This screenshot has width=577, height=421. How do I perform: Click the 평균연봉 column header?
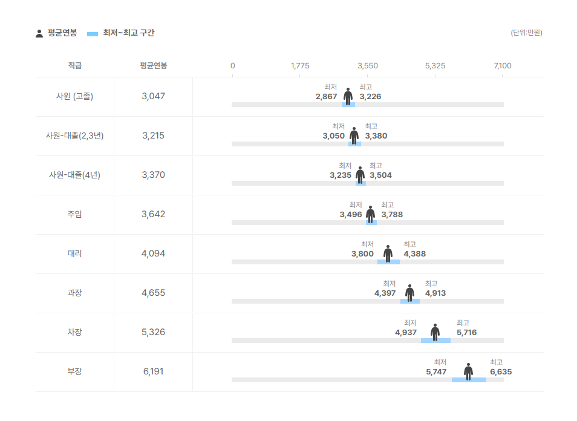click(153, 65)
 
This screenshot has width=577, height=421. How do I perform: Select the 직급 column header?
click(74, 65)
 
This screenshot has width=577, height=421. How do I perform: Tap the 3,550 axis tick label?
click(368, 65)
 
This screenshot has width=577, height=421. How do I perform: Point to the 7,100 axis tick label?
click(502, 65)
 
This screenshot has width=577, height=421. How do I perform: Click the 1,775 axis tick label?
click(300, 65)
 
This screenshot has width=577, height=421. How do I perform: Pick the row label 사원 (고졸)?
click(74, 96)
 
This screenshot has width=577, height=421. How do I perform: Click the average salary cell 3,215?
click(153, 135)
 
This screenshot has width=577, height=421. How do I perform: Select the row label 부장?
click(74, 371)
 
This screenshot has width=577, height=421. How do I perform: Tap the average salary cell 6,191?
click(153, 371)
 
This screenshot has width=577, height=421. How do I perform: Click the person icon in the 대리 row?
click(388, 253)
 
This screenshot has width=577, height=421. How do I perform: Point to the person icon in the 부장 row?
click(468, 371)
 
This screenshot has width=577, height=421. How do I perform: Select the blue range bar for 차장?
click(435, 341)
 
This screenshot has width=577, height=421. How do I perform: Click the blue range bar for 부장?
click(469, 380)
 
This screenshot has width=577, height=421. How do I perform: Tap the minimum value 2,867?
click(326, 97)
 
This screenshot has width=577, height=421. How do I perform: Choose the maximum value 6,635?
click(501, 372)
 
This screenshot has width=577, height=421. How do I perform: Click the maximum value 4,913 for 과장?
click(435, 293)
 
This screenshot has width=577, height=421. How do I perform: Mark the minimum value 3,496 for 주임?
click(351, 215)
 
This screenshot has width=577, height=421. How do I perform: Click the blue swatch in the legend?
click(93, 34)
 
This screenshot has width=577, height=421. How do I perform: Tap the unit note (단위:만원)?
click(526, 33)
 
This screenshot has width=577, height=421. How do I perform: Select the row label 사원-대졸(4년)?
click(74, 175)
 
